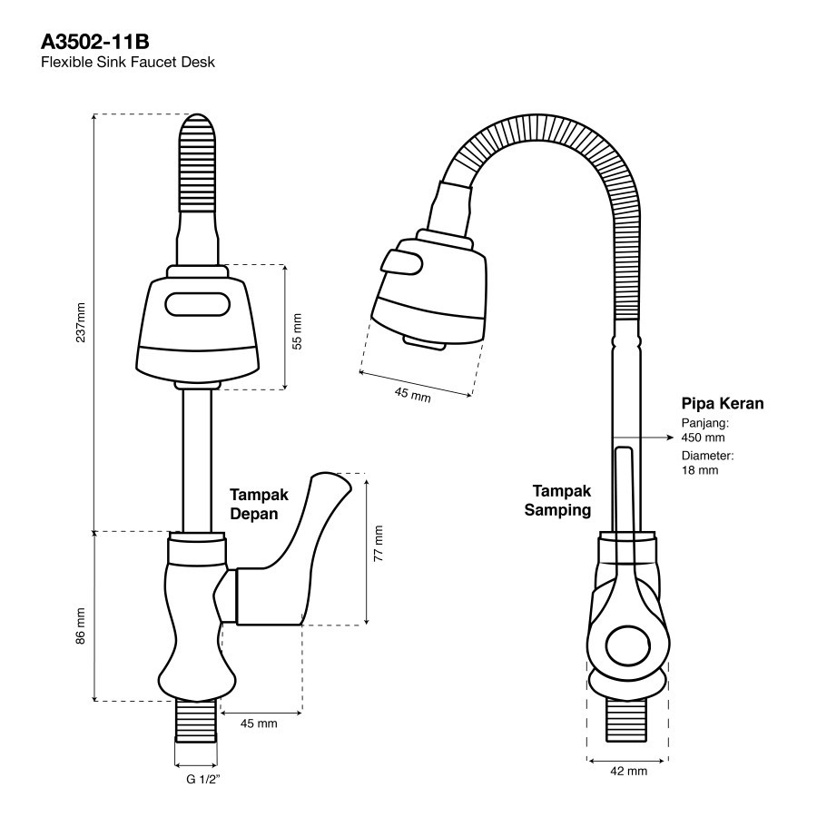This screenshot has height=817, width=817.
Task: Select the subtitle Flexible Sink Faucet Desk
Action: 128,63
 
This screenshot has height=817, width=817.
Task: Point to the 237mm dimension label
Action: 81,321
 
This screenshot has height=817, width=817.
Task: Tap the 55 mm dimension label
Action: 297,331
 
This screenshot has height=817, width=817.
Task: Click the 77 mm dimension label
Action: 379,542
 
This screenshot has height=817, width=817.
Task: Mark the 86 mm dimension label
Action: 81,626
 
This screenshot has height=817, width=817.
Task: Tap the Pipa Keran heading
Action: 723,404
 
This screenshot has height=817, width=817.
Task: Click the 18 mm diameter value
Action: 700,470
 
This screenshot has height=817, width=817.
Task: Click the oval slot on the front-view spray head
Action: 198,303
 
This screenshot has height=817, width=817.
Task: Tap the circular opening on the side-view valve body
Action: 628,647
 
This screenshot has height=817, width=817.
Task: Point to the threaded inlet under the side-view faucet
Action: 628,722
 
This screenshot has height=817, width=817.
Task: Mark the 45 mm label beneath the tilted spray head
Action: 413,395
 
